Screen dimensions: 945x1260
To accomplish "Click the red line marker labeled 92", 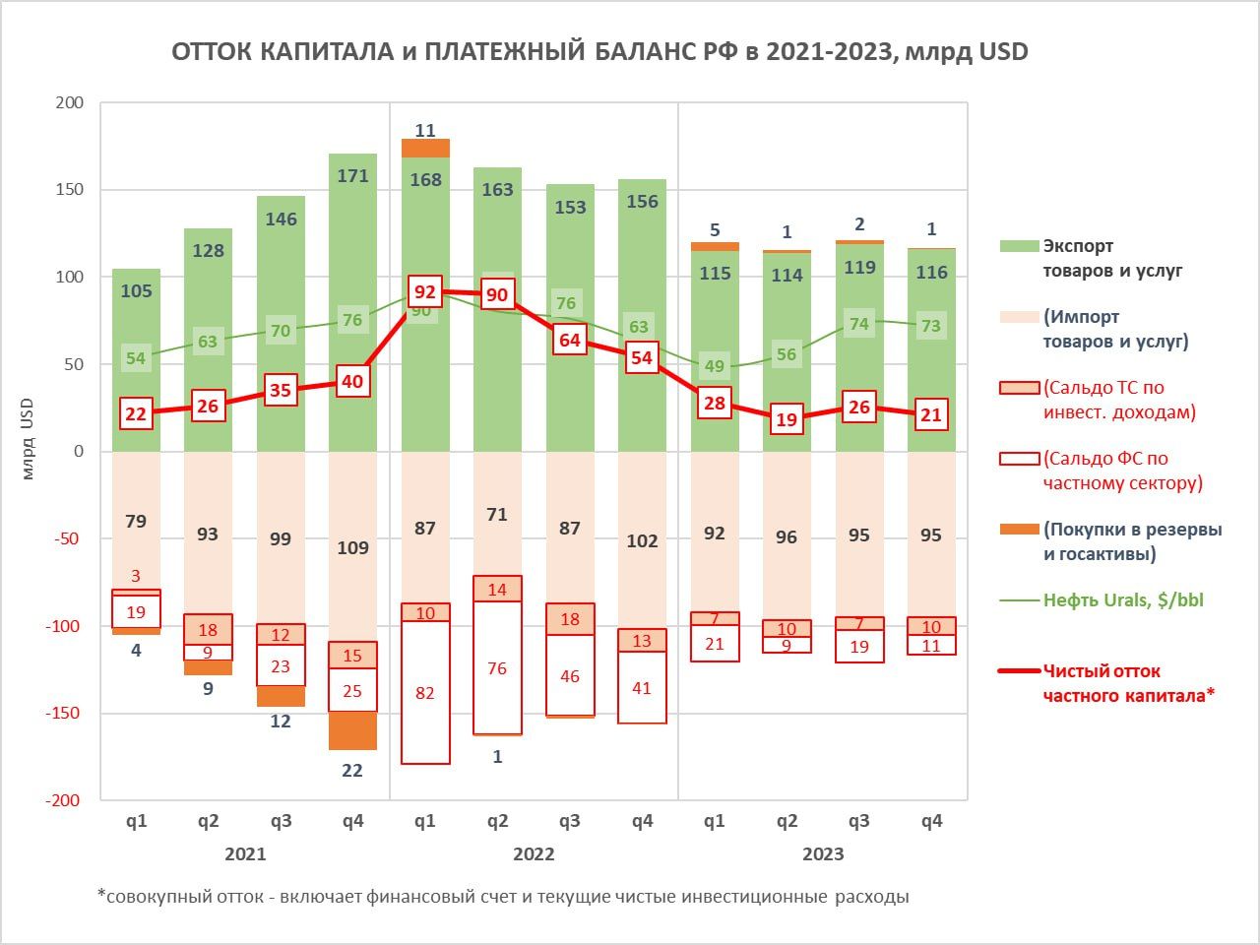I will (x=424, y=292).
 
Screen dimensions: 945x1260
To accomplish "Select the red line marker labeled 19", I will (x=787, y=419).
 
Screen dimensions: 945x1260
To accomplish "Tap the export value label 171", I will (x=352, y=176).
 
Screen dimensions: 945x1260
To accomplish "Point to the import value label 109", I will (x=352, y=547).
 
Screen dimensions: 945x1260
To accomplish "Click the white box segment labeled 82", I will (x=424, y=693).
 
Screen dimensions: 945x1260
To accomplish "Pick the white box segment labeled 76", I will (x=497, y=668).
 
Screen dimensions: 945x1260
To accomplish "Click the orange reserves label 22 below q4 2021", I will (x=352, y=771).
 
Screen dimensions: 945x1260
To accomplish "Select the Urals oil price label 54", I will (x=136, y=358).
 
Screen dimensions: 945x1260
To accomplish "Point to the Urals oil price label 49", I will (x=715, y=366).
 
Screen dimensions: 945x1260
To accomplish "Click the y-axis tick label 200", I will (x=70, y=102).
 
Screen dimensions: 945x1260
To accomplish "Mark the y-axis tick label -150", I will (x=65, y=713).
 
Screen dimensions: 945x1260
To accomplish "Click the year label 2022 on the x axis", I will (x=534, y=853).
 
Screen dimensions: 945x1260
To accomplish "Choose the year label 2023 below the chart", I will (x=823, y=853).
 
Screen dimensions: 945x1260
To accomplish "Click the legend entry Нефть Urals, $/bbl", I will (x=1122, y=599).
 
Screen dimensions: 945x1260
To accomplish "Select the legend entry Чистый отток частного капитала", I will (x=1128, y=683).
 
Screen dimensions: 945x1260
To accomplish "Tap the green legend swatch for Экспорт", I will (x=1019, y=246).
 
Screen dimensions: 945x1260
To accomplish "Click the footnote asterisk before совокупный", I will (x=100, y=895).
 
